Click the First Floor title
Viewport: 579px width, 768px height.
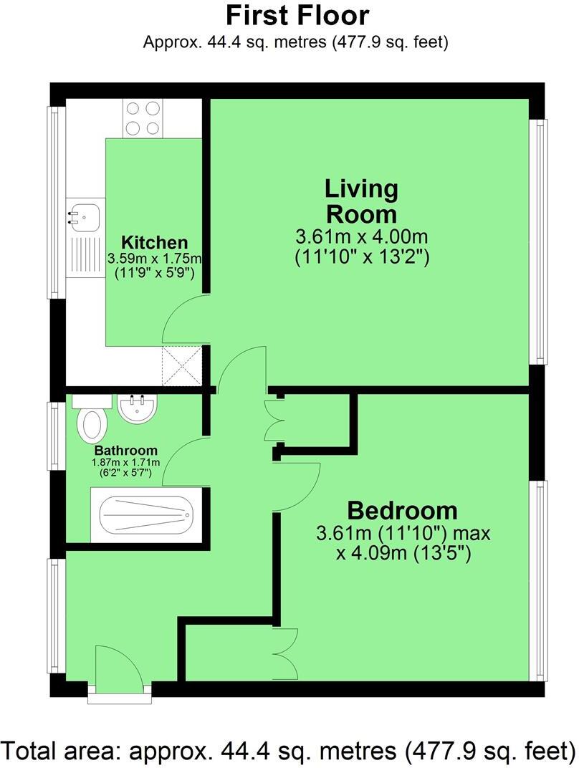coord(297,15)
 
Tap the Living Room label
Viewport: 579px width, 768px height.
coord(361,202)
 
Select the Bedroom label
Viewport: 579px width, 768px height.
coord(402,511)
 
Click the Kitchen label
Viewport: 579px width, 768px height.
coord(154,242)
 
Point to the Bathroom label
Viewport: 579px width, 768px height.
coord(125,451)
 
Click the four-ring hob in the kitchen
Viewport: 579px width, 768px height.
coord(143,118)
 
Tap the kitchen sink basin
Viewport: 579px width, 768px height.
coord(84,215)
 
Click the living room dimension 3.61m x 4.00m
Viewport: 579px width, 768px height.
coord(361,236)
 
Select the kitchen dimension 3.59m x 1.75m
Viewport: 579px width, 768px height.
coord(154,258)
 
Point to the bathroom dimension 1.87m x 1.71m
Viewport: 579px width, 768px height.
coord(125,463)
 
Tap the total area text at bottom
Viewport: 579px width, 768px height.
coord(289,750)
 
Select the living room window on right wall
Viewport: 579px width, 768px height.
coord(538,241)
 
